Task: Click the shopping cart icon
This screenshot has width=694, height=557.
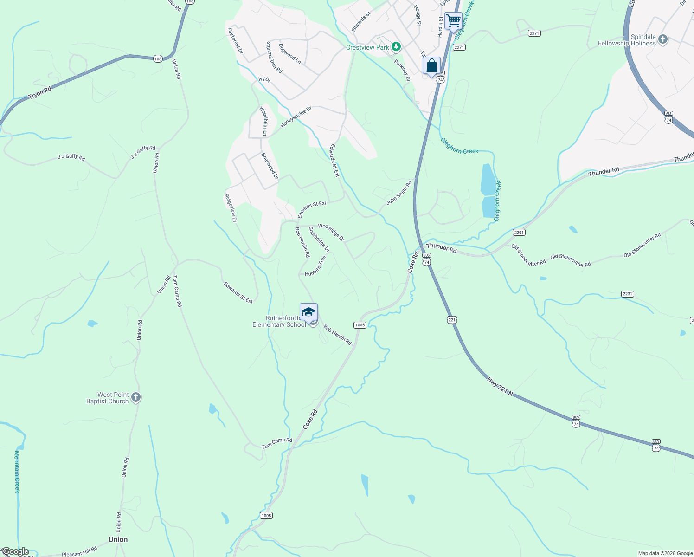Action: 453,20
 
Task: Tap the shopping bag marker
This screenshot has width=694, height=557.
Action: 431,65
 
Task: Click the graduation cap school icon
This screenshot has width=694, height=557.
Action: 308,311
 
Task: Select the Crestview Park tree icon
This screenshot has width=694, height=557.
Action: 396,47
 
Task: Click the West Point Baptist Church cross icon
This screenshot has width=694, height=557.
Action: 135,397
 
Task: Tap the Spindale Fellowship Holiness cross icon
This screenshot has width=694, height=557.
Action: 663,39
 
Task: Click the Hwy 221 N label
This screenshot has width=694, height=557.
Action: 500,387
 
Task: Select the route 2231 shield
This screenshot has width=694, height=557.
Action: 627,294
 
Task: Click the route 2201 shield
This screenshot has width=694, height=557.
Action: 519,232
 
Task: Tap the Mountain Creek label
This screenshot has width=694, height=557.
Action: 17,471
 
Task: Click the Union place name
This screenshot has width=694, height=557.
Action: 118,539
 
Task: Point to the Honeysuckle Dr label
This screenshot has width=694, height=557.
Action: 296,117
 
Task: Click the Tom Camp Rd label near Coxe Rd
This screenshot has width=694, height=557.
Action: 277,443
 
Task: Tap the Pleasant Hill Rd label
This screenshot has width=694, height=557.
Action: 79,551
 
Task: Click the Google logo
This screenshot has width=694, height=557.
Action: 15,551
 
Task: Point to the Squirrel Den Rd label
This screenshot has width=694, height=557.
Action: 274,58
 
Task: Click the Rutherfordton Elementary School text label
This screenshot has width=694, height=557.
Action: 279,321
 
